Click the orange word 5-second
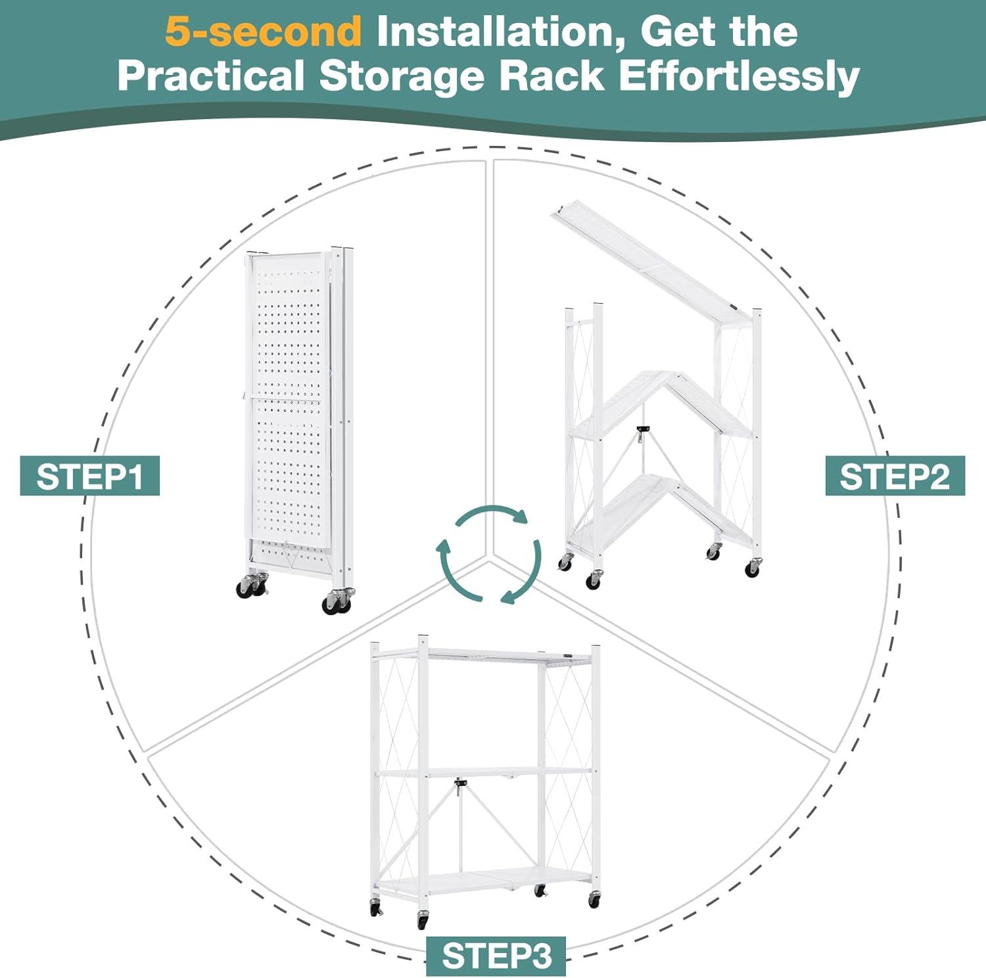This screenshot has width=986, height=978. (x=263, y=31)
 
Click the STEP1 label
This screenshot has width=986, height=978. (x=89, y=476)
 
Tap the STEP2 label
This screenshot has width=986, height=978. (x=895, y=476)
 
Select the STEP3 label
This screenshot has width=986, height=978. (x=496, y=956)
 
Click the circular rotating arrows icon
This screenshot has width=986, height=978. (x=490, y=554)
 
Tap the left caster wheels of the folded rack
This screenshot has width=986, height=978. (x=252, y=585)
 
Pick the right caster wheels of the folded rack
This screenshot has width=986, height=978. (x=338, y=601)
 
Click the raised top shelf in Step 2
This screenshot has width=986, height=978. (x=651, y=263)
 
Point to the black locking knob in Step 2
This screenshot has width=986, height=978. (x=642, y=430)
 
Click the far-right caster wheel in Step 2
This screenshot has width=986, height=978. (x=753, y=567)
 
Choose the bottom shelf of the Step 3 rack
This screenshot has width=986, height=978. (x=483, y=877)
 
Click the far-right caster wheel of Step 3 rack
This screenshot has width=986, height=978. (x=594, y=899)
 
